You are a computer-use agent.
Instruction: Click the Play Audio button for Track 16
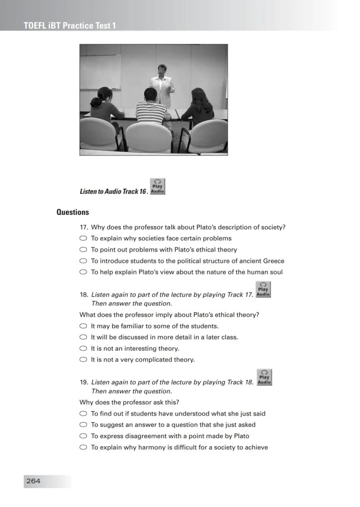point(157,186)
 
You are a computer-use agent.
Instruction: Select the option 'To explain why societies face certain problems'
point(83,238)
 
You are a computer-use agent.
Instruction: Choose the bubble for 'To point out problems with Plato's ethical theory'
point(83,250)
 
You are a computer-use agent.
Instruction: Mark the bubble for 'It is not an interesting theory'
point(83,349)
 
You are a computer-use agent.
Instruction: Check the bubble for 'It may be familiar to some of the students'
point(83,326)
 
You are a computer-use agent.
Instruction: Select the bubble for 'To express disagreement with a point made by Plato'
point(83,436)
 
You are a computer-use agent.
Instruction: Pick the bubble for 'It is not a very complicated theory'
point(83,360)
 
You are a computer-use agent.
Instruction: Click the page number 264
point(33,481)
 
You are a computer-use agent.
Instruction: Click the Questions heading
point(73,212)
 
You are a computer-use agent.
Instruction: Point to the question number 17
point(84,227)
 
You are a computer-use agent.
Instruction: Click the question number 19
point(84,382)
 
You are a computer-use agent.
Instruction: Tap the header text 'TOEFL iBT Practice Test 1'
point(70,26)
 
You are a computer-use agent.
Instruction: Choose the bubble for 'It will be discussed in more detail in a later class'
point(83,337)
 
